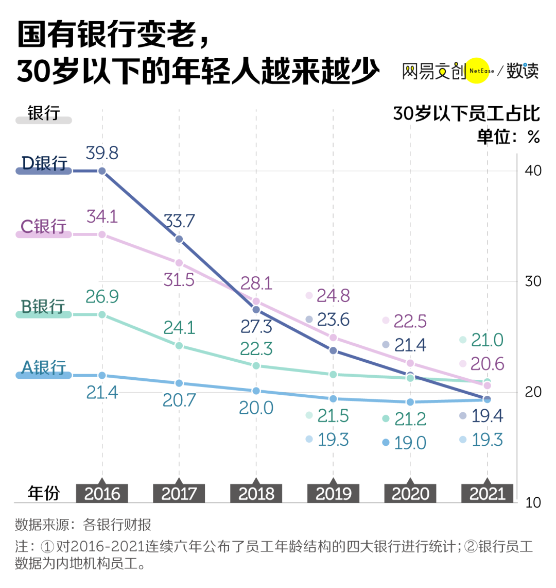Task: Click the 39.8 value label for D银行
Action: coord(102,153)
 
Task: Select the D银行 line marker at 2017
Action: coord(179,239)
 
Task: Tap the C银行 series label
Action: coord(44,226)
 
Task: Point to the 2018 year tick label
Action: coord(256,494)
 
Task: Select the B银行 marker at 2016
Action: coord(102,314)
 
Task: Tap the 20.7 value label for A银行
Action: coord(179,400)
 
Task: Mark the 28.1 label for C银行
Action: coord(256,283)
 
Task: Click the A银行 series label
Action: coord(44,367)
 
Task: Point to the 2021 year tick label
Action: coord(487,494)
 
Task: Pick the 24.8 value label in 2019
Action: coord(333,295)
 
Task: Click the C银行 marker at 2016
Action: coord(102,234)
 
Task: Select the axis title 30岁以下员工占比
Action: coord(466,113)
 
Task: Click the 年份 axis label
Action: coord(44,493)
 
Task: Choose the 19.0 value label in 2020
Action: coord(410,443)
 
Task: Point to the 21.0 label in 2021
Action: coord(487,340)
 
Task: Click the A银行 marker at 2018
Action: coord(256,391)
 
